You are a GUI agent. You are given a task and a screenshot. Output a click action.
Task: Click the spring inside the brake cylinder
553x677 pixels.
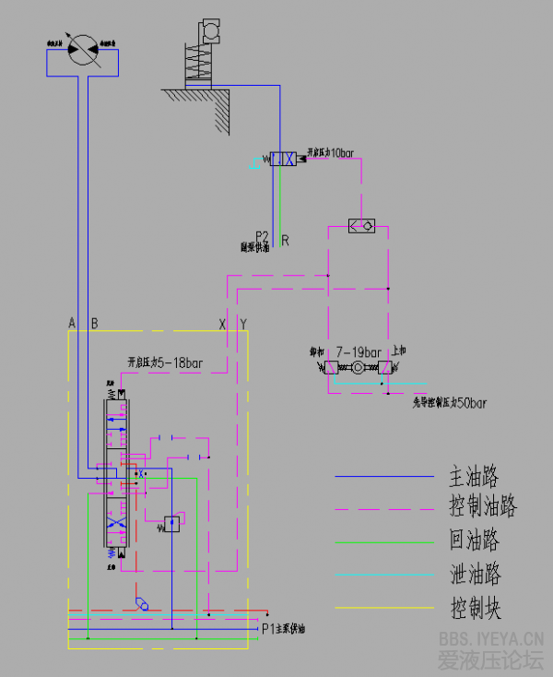(199, 62)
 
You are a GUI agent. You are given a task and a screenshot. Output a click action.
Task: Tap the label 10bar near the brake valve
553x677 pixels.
(340, 153)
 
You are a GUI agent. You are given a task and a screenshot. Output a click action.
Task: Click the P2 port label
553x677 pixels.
(262, 236)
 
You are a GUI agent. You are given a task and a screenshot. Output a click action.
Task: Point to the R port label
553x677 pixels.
(286, 241)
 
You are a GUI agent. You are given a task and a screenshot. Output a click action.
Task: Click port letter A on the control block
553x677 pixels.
(71, 323)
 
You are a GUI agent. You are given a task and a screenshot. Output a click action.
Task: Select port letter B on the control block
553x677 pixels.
(94, 323)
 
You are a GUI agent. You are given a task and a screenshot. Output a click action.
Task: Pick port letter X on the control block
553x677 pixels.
(221, 323)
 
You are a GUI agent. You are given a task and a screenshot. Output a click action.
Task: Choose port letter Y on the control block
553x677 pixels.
(243, 323)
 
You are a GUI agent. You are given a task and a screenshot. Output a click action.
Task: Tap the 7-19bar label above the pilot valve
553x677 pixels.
(359, 352)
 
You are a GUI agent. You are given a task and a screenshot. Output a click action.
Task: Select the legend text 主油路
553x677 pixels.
(474, 477)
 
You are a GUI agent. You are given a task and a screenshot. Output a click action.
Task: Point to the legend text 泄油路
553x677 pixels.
(475, 575)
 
